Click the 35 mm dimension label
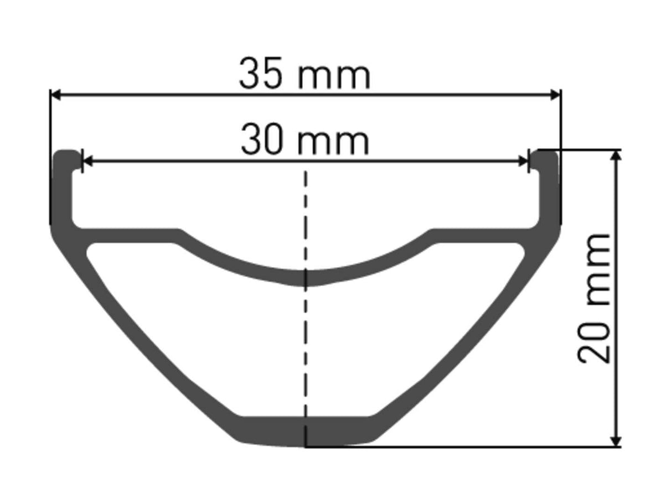pos(304,76)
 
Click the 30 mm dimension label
pos(304,141)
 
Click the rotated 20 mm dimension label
pos(595,299)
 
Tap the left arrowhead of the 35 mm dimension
pos(55,95)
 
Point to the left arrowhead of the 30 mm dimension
pos(87,162)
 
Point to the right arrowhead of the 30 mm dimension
pos(523,162)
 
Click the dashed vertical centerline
pos(305,221)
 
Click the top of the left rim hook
pos(66,153)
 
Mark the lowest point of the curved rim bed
pos(305,278)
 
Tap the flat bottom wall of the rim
pos(305,430)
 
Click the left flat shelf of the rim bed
pos(127,235)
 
